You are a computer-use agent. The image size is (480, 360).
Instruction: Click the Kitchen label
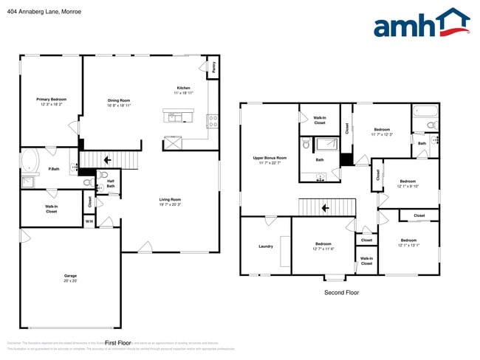tap(183, 88)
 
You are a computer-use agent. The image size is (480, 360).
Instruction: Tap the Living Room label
tap(170, 199)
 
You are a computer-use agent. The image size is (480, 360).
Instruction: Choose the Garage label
tap(70, 276)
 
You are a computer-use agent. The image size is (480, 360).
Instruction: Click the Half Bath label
tap(110, 184)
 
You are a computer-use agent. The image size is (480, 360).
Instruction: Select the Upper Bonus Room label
tap(270, 158)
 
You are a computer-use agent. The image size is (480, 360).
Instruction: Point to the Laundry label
tap(266, 246)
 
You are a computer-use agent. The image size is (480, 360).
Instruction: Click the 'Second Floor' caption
tap(341, 293)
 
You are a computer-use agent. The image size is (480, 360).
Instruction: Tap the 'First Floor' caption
tap(117, 343)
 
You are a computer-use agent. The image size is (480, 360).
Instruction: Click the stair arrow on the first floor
tap(106, 159)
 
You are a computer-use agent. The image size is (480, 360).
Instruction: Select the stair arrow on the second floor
tap(325, 208)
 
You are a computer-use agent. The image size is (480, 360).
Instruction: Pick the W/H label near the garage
tap(89, 221)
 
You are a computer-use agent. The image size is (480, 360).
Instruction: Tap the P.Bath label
tap(34, 170)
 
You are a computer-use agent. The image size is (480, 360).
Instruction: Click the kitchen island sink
tap(174, 117)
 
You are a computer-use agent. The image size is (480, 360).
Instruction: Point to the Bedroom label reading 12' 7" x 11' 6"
tap(323, 244)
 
